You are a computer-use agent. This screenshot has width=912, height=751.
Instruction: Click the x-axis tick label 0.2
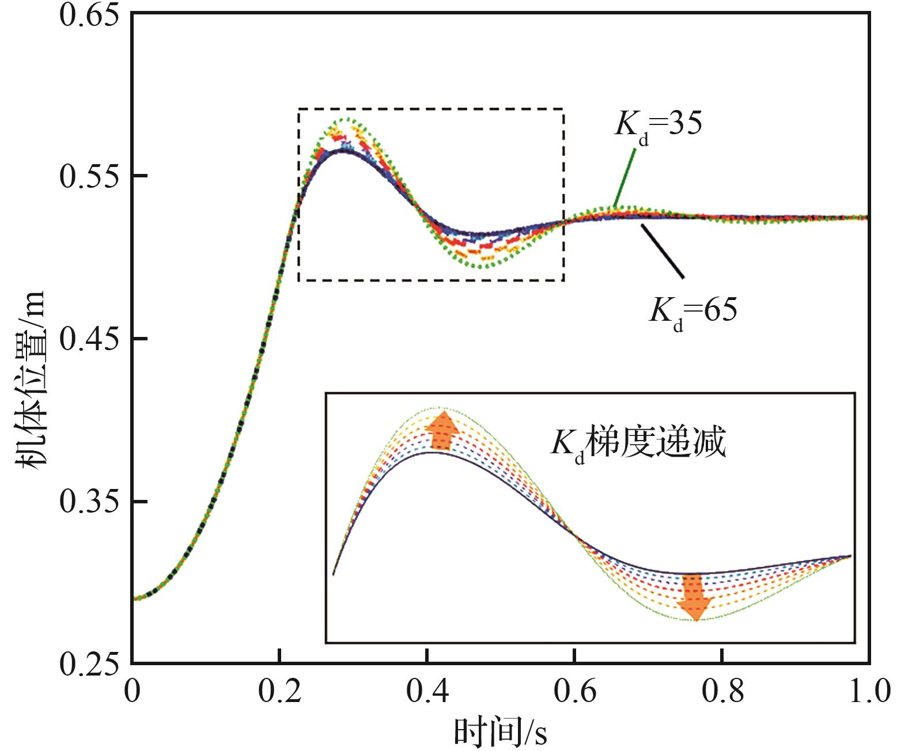coord(279,692)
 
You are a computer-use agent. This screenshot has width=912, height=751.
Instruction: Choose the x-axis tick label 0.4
coord(427,692)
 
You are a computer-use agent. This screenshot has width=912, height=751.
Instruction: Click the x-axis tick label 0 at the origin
coord(133,692)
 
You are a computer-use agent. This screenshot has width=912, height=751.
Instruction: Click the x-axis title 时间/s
coord(500,732)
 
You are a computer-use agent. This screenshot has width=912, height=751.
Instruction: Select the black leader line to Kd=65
coord(663,251)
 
